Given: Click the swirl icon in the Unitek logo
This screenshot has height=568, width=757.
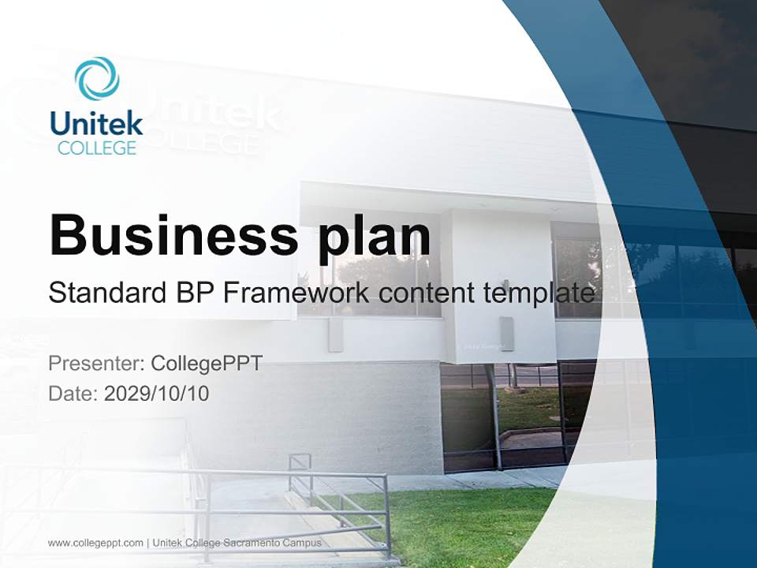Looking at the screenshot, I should click(x=97, y=79).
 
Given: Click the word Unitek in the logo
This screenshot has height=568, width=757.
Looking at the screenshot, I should click(x=96, y=123).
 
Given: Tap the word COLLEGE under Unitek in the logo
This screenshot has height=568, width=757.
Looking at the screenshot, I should click(x=96, y=148).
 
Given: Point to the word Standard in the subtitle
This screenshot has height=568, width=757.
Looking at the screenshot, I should click(x=105, y=293).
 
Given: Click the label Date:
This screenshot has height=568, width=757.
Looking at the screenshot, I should click(x=73, y=394).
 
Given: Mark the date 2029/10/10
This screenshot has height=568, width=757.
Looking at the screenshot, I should click(x=157, y=394).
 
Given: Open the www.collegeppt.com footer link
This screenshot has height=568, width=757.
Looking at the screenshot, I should click(x=95, y=543).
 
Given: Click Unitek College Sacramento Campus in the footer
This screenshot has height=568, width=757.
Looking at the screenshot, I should click(x=237, y=543).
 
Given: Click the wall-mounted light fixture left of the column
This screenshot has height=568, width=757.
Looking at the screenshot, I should click(x=335, y=335).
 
